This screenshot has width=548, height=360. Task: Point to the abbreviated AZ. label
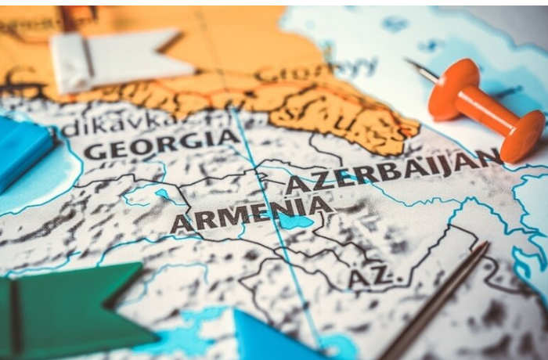370,276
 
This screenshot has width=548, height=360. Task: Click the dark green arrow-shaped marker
70,309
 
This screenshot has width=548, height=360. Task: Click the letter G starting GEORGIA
95,150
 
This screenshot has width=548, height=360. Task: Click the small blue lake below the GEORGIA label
164,194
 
